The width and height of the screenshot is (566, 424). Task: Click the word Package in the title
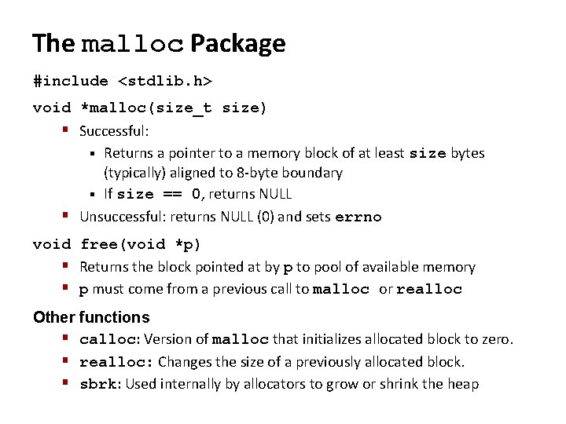pyautogui.click(x=237, y=43)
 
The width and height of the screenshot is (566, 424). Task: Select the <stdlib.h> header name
pyautogui.click(x=165, y=81)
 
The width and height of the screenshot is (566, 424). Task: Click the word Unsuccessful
pyautogui.click(x=118, y=217)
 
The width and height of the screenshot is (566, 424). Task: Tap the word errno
pyautogui.click(x=358, y=217)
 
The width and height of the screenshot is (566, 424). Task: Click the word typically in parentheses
pyautogui.click(x=134, y=172)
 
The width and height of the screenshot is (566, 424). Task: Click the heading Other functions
pyautogui.click(x=91, y=317)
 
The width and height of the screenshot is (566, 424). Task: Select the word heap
pyautogui.click(x=464, y=384)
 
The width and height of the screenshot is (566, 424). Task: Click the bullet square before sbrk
pyautogui.click(x=69, y=383)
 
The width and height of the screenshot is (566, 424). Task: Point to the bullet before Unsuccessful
pyautogui.click(x=69, y=216)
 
